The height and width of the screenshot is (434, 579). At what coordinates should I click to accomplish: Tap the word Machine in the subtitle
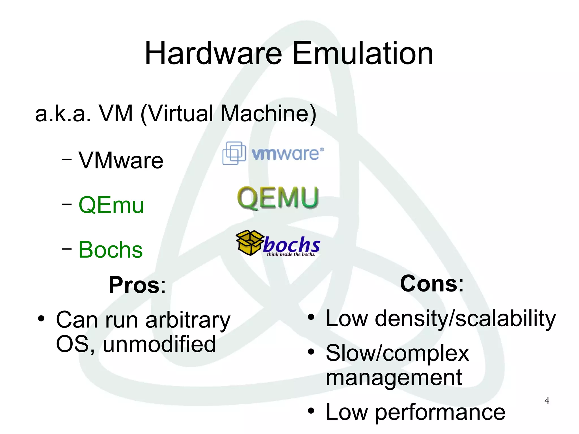264,114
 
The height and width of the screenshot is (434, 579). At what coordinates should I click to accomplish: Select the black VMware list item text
121,160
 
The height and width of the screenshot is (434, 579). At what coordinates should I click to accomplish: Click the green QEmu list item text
111,205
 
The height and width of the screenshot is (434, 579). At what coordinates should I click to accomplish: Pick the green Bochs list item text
111,250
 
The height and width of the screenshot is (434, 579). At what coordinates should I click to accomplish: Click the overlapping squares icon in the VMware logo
234,153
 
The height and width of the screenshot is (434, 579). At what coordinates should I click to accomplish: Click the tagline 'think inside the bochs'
291,254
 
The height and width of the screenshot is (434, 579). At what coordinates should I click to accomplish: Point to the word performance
440,412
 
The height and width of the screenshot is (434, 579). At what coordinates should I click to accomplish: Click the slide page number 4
547,401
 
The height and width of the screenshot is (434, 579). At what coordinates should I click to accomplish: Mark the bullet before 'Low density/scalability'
311,318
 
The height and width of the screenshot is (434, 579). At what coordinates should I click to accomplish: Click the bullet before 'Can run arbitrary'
41,319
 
